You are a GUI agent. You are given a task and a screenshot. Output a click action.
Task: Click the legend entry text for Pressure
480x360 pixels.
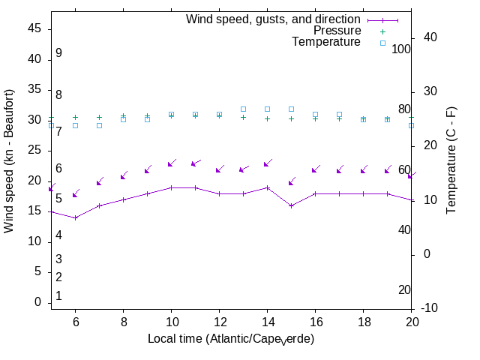pos(337,31)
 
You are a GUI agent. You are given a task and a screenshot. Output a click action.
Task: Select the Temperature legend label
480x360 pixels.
pos(326,42)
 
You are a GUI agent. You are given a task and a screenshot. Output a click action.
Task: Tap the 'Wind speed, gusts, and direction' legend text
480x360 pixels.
pos(274,19)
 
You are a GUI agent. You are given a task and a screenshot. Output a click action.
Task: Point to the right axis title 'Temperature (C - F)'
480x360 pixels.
pos(451,160)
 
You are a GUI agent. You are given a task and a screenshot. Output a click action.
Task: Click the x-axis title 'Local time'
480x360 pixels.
pos(230,339)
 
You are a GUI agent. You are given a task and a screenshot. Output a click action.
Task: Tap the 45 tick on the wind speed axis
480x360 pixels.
pos(34,28)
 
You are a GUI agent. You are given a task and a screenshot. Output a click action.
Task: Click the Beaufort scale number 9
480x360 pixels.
pos(58,53)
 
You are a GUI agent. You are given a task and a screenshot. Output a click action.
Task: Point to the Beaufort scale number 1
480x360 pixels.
pos(58,296)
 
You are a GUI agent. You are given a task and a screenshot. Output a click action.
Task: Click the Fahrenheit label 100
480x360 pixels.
pos(401,49)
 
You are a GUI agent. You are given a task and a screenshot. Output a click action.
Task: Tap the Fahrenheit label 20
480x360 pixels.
pos(404,289)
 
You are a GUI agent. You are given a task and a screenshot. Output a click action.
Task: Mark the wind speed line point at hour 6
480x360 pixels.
pos(75,217)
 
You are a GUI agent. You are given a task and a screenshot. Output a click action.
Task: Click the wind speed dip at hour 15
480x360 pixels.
pos(291,205)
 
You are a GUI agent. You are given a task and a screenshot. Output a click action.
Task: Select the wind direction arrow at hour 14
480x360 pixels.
pos(268,163)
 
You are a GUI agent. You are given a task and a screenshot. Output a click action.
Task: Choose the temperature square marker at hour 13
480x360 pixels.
pos(243,109)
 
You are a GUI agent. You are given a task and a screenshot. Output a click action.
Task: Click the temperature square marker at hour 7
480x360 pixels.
pos(99,125)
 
